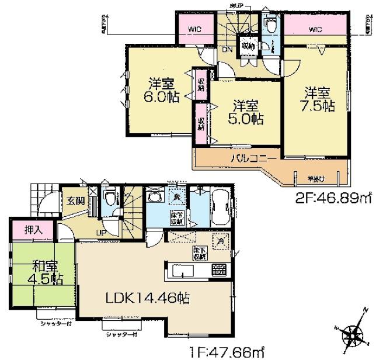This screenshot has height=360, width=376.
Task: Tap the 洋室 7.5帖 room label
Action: [318, 99]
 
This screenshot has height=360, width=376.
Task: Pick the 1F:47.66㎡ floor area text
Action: [222, 352]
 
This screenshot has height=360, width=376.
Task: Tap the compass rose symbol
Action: [353, 335]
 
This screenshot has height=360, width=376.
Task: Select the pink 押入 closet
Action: [27, 228]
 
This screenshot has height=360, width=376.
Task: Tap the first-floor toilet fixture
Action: [109, 199]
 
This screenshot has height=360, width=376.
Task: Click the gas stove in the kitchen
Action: [219, 269]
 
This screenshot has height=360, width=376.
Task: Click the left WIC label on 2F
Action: [194, 29]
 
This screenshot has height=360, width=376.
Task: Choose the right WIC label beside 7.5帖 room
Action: [315, 28]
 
